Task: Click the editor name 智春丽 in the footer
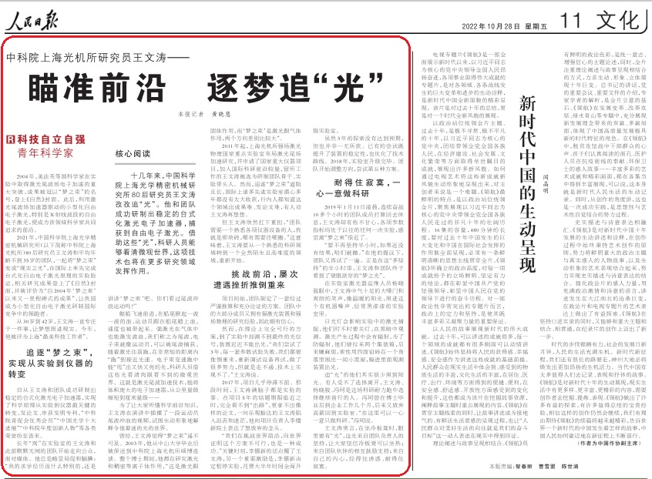tap(544, 466)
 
